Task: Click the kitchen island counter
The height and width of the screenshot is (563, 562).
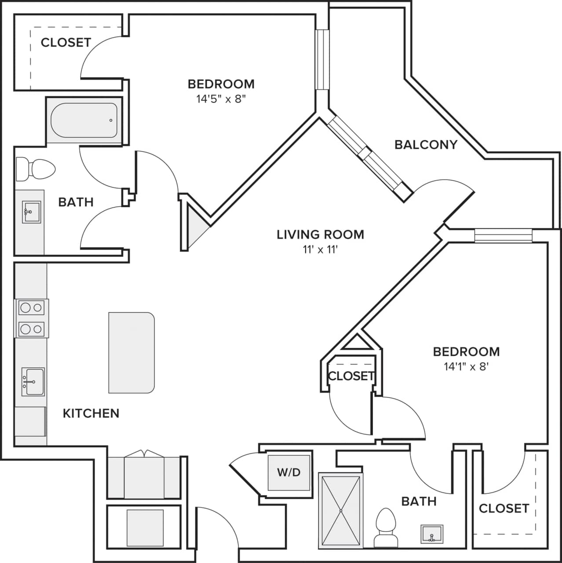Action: [x=131, y=352]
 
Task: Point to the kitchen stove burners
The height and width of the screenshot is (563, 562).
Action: [x=31, y=318]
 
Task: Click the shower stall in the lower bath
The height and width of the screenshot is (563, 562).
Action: [x=341, y=510]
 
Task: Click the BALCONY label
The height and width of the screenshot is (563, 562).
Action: [x=426, y=144]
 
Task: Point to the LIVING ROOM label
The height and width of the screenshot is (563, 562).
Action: [x=320, y=234]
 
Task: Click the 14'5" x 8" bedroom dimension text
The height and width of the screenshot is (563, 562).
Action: [x=221, y=99]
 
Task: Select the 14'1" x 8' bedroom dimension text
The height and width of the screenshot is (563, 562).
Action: [x=466, y=366]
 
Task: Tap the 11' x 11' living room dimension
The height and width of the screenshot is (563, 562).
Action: [x=320, y=250]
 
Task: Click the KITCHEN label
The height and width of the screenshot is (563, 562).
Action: [x=91, y=413]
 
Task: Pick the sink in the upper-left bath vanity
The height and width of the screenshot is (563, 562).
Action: [x=31, y=212]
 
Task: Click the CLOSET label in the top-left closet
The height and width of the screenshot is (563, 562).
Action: [x=66, y=42]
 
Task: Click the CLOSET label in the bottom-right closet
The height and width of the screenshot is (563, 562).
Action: [x=504, y=508]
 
